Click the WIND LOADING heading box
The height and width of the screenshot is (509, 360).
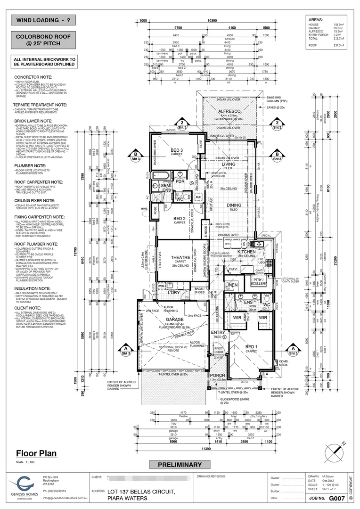tap(43, 21)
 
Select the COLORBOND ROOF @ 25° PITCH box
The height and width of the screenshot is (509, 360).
tap(43, 40)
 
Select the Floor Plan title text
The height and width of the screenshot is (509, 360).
tap(33, 454)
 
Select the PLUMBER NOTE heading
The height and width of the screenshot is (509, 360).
tap(29, 166)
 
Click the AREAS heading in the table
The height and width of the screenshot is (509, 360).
tap(316, 21)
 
